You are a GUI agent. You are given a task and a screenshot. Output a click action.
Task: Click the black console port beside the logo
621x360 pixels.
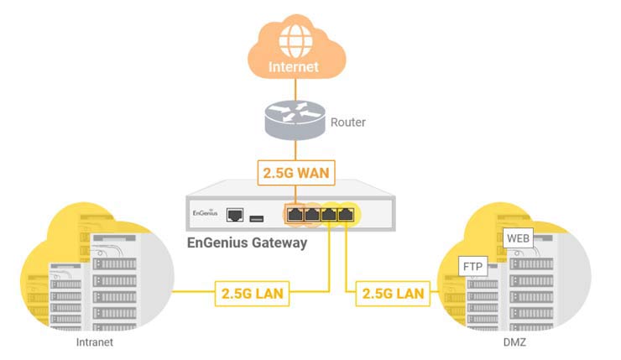(236, 216)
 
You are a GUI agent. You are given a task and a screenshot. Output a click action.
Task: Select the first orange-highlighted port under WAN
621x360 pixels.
(295, 216)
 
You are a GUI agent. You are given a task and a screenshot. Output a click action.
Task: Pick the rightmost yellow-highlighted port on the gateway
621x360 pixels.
(346, 216)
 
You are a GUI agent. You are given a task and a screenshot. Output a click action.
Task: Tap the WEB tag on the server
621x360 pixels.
(518, 238)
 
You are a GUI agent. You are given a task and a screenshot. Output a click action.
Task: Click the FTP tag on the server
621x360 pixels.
(472, 267)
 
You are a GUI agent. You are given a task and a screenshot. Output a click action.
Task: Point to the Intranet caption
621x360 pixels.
(93, 342)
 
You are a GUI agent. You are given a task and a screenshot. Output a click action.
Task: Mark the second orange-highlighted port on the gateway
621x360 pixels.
(312, 216)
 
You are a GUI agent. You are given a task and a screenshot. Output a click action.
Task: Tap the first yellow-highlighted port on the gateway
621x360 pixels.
(329, 216)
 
